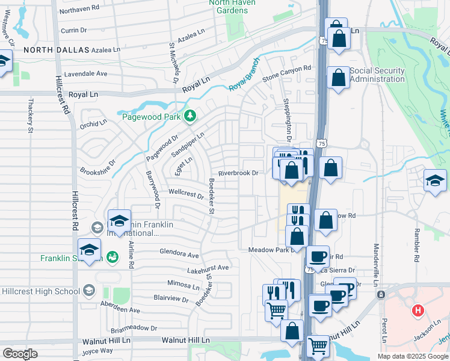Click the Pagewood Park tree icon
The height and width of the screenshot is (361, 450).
click(x=191, y=116)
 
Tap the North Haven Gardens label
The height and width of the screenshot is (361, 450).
click(x=232, y=7)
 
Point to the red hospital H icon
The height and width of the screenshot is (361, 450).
click(x=417, y=311)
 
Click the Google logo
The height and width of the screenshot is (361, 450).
click(x=20, y=353)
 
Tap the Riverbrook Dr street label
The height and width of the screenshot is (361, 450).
click(x=238, y=173)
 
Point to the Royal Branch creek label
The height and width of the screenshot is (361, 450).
click(x=244, y=75)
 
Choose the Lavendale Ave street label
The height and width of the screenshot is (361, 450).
click(x=82, y=73)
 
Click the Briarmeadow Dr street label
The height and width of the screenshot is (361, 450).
click(x=134, y=329)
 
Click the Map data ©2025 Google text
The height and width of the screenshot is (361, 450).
click(x=413, y=356)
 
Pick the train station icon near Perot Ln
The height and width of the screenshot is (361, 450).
click(x=380, y=295)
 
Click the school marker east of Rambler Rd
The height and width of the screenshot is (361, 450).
click(x=434, y=180)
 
